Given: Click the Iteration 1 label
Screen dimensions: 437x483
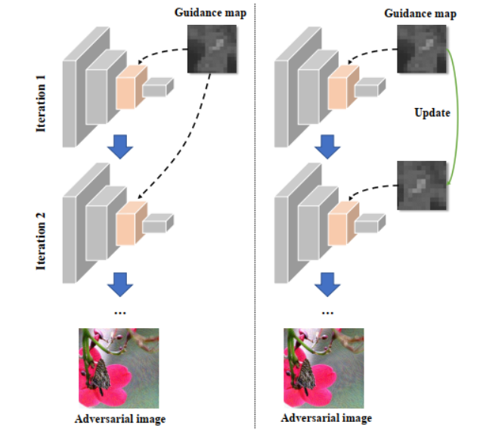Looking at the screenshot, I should tap(42, 101).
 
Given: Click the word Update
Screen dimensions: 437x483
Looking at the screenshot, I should tap(432, 113).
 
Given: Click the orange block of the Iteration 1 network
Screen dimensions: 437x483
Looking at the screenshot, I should tap(130, 85).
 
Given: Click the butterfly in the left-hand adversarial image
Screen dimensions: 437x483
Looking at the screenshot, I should tap(99, 373).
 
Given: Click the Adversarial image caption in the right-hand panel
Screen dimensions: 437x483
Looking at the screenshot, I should tap(326, 419).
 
